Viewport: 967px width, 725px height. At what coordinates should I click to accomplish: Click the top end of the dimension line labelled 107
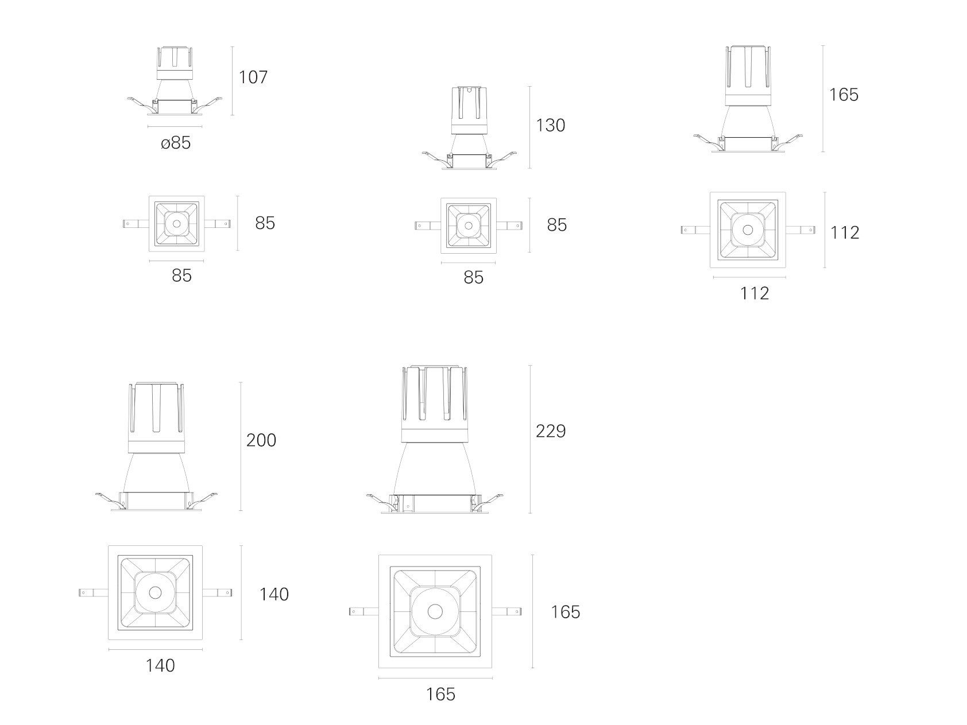[x=233, y=46]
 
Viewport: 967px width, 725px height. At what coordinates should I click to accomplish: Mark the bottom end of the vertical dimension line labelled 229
[x=530, y=513]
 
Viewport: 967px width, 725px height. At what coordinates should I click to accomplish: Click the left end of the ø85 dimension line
[x=148, y=126]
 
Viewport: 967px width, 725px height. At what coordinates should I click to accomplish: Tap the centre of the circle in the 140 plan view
[x=156, y=592]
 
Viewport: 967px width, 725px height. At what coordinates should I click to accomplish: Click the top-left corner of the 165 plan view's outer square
[x=379, y=555]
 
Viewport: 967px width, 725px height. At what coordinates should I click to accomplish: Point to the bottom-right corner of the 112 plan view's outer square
[x=786, y=267]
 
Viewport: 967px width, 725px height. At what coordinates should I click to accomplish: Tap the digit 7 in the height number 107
[x=262, y=77]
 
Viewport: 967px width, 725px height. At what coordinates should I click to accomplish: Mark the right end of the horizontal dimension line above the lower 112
[x=786, y=277]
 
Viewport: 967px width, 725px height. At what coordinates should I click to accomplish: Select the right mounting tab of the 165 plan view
[x=507, y=612]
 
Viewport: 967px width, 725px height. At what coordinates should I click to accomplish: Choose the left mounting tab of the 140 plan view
[x=93, y=592]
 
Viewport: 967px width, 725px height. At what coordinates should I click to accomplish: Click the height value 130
[x=550, y=125]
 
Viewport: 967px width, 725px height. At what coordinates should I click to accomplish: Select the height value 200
[x=261, y=440]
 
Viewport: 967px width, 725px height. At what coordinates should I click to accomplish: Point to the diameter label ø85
[x=175, y=143]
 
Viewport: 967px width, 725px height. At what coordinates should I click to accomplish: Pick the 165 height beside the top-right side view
[x=844, y=95]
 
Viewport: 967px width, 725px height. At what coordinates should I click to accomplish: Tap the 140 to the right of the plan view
[x=274, y=594]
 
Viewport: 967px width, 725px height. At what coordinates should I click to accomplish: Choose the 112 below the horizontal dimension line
[x=754, y=293]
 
